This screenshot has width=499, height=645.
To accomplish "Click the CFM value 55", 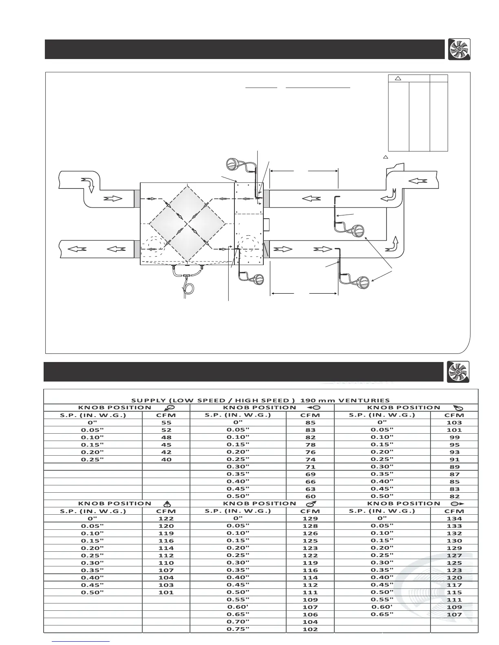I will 166,423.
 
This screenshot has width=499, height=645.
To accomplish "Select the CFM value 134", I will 454,519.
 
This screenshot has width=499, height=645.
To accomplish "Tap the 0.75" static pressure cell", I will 238,629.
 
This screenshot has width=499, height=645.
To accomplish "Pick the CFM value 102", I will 310,629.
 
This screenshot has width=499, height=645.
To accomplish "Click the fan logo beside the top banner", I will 459,49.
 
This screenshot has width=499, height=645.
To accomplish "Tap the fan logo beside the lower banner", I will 458,372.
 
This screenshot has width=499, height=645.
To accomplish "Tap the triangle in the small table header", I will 399,78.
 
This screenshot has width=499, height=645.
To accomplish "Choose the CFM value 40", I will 166,459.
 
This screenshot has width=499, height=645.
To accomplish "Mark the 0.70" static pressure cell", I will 238,621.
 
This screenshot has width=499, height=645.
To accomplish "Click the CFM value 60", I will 310,496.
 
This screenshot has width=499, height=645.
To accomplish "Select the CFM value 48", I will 166,437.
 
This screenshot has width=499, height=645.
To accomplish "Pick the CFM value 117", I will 454,585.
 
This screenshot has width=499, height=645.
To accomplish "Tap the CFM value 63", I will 310,489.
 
